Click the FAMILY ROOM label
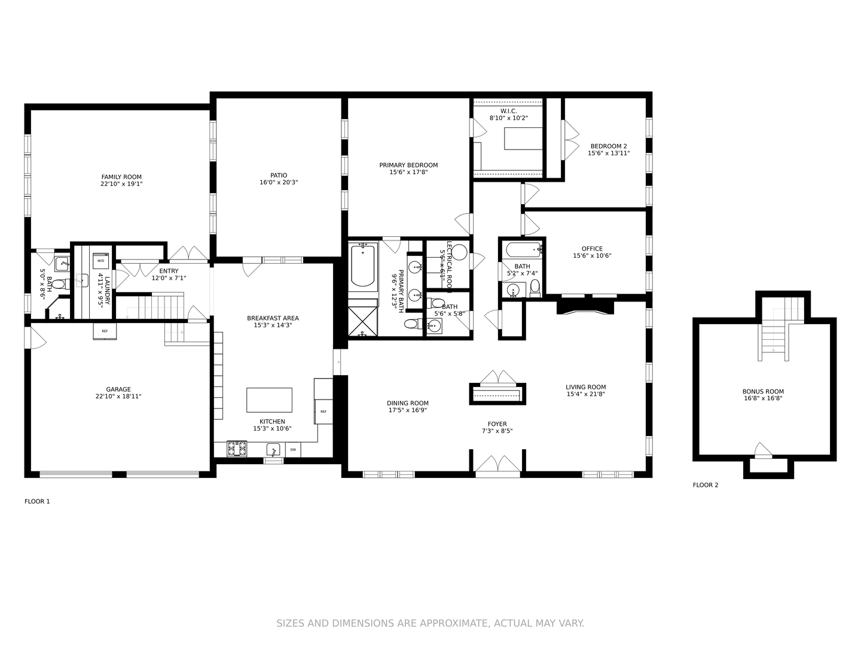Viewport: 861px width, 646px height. tap(121, 177)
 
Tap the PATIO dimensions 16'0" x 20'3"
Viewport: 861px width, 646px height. tap(279, 182)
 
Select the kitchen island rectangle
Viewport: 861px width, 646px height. tap(270, 400)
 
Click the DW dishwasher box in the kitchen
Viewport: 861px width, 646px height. tap(293, 449)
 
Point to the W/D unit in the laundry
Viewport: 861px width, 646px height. tap(101, 261)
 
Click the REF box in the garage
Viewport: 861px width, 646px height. tap(105, 331)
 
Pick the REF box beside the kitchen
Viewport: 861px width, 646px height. tap(323, 412)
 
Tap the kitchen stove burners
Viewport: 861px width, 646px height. tap(237, 449)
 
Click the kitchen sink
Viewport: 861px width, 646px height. tap(273, 449)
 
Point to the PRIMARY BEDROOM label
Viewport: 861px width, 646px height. tap(408, 165)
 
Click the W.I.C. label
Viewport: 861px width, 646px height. tap(508, 111)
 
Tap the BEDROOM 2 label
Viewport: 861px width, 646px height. tap(609, 146)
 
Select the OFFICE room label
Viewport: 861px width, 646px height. tap(592, 249)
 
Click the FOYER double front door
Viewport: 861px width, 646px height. tap(497, 465)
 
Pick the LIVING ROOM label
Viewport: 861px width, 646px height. tap(586, 387)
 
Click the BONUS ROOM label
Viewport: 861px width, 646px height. tap(763, 392)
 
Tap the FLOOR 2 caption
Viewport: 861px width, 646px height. tap(706, 485)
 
